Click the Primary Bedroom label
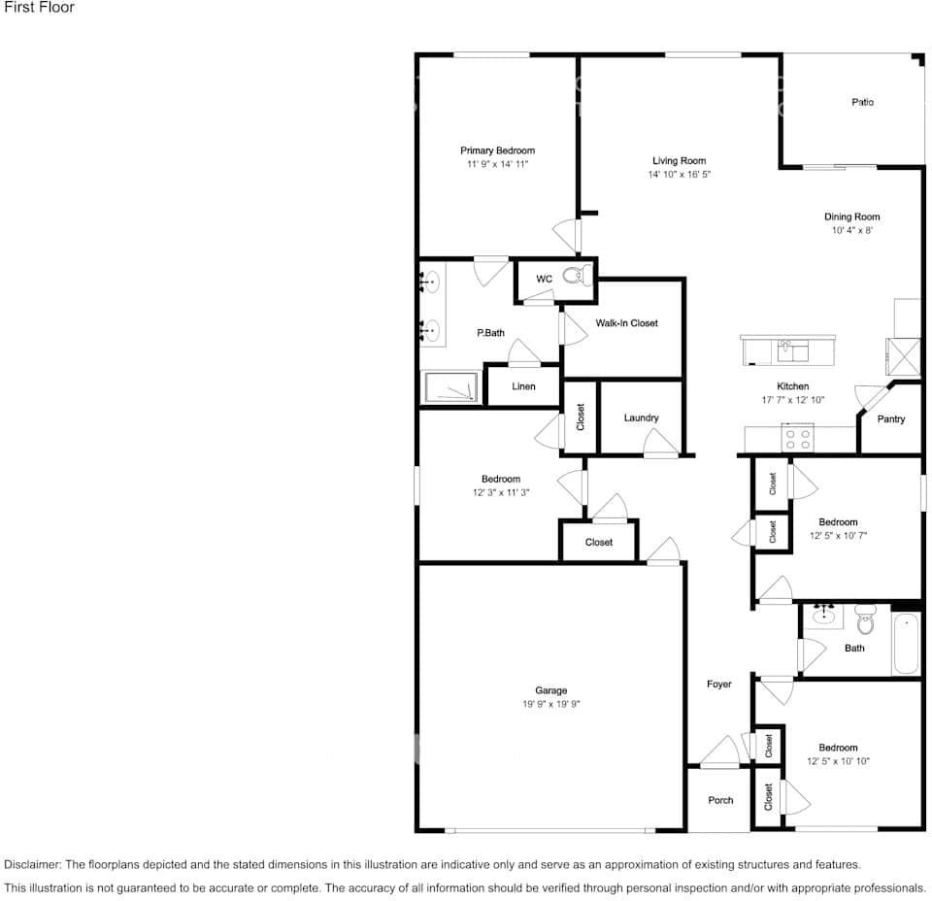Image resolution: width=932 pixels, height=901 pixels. [x=497, y=150]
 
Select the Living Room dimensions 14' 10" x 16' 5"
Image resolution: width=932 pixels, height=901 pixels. [x=680, y=175]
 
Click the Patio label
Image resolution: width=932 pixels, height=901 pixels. [x=862, y=102]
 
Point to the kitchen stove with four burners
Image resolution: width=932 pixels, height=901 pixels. [x=797, y=439]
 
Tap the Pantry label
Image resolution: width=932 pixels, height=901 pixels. [x=890, y=419]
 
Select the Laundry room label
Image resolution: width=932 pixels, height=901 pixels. [x=641, y=417]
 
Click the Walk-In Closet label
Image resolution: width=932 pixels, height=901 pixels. [x=626, y=323]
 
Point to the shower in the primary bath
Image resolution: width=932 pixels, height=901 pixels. [x=450, y=387]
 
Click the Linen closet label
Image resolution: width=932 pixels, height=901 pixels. [x=523, y=386]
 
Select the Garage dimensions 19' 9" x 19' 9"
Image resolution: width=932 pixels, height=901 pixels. [x=550, y=705]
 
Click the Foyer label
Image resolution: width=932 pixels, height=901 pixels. [x=718, y=684]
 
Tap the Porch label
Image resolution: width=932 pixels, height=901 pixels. [x=720, y=800]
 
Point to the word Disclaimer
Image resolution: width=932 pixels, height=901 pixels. [x=32, y=864]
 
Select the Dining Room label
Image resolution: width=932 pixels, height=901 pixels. [x=851, y=217]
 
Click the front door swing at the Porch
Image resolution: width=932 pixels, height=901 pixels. [x=720, y=751]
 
